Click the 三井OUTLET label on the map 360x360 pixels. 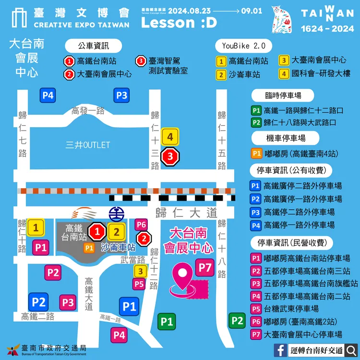(88, 145)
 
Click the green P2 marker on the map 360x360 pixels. (237, 321)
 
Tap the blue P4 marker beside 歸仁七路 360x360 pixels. (48, 95)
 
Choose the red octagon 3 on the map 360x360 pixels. (170, 156)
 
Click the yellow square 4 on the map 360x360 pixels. (170, 137)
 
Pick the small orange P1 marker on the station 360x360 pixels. (89, 248)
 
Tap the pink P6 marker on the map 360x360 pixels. (141, 225)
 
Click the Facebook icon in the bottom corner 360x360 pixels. (281, 349)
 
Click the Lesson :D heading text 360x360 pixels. (179, 23)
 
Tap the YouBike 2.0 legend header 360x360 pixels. (243, 47)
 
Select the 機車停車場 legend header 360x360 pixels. (286, 138)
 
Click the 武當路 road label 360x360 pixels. (132, 259)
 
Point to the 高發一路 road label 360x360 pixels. (88, 111)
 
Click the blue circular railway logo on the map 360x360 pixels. (116, 212)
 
